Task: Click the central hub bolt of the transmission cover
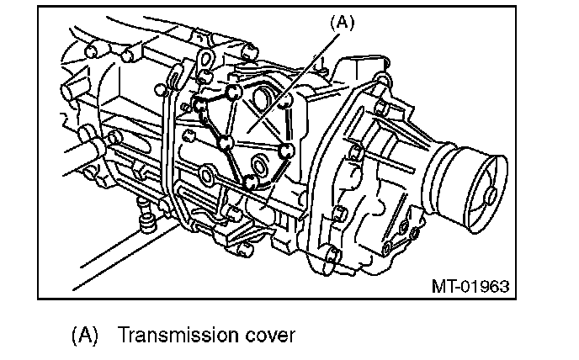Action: (226, 144)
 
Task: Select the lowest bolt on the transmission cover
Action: (250, 182)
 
